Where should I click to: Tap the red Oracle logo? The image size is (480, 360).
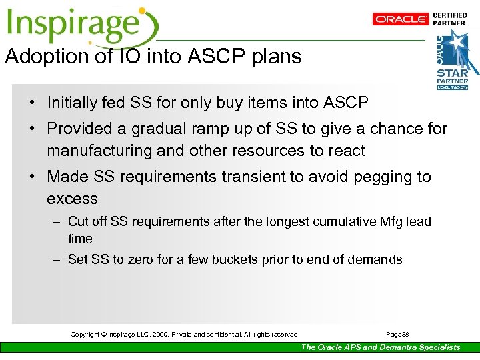(x=400, y=19)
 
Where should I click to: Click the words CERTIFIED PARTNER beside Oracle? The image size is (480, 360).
(x=450, y=19)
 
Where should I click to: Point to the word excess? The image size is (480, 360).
(x=72, y=199)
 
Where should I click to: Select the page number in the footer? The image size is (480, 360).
(x=397, y=334)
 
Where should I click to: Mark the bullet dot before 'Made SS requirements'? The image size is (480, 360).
(x=32, y=177)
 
